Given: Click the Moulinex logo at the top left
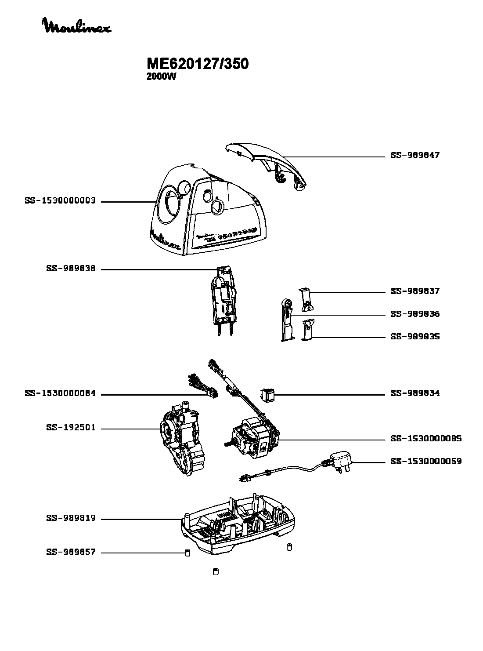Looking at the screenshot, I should (76, 26).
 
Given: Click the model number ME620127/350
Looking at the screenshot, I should (198, 64).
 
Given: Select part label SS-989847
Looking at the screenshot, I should (415, 156).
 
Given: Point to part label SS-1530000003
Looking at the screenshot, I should (60, 201).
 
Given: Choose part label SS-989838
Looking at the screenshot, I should (71, 269).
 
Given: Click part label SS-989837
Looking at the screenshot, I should (415, 291).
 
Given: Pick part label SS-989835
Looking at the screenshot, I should (415, 337).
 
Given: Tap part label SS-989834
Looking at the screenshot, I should (415, 393).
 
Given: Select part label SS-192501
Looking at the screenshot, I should (71, 428).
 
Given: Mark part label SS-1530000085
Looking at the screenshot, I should (425, 439).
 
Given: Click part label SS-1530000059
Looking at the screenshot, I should (425, 462).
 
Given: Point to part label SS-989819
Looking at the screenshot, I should (71, 519).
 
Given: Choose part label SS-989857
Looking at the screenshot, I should (71, 553).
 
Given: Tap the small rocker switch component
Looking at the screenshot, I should (267, 395).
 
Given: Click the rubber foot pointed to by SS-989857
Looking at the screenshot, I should (187, 553).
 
